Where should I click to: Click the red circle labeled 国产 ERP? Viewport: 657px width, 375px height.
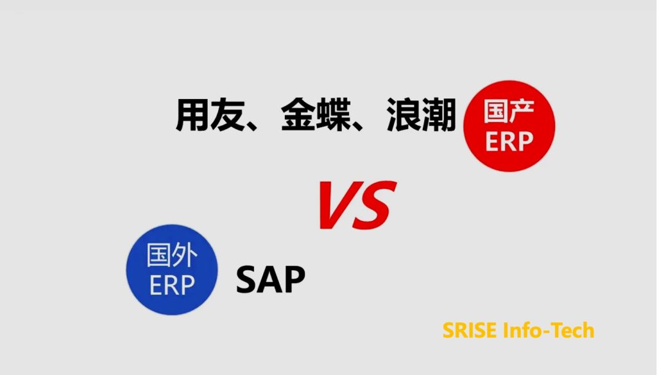point(509,126)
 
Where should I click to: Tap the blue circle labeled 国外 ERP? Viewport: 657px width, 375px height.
point(172,270)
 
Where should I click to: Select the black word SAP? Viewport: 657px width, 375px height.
point(271,279)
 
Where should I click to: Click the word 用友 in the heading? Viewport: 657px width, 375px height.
point(210,115)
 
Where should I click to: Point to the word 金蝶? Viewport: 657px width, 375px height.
point(316,115)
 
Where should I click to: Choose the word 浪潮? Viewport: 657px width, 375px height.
point(421,115)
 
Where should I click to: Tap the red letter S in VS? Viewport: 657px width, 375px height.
point(375,205)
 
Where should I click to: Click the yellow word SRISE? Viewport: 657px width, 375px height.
point(470,330)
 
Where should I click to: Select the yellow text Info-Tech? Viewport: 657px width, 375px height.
point(549,330)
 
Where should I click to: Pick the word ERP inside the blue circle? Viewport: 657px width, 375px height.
point(172,285)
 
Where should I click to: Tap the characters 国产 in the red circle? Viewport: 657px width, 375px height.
point(509,112)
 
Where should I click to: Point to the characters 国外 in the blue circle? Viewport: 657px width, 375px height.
point(172,255)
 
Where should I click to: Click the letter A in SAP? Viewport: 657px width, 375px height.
point(270,279)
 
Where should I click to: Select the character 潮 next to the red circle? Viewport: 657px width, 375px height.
point(439,115)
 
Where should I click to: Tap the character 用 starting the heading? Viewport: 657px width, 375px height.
point(192,115)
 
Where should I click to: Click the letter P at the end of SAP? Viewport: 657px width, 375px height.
point(295,279)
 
